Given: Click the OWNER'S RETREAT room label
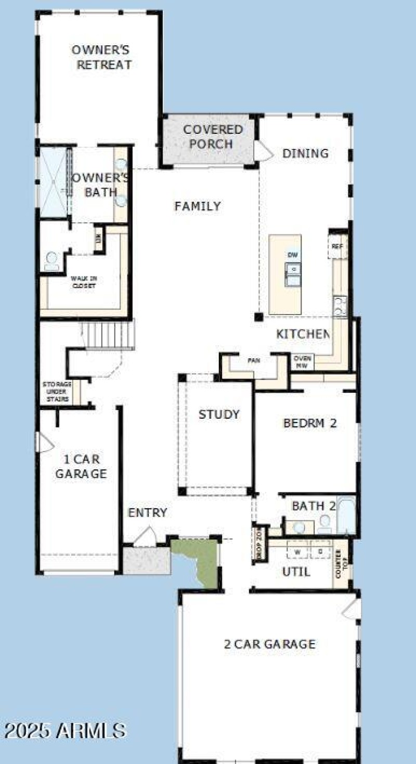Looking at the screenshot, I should click(x=101, y=57).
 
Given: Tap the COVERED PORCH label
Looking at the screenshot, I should click(x=213, y=136).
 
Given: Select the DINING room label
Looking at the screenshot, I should click(x=305, y=153).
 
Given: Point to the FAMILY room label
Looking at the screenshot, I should click(x=198, y=206).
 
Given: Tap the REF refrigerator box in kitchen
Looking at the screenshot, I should click(x=337, y=247).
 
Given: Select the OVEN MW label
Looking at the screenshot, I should click(x=302, y=362).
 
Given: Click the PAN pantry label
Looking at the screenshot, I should click(x=254, y=360).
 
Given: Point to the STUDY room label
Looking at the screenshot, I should click(x=219, y=415).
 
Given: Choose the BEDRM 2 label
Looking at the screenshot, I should click(x=310, y=423).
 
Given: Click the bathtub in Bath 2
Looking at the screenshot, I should click(x=346, y=516).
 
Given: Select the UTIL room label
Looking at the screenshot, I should click(x=296, y=572).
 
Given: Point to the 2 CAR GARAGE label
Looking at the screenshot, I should click(x=269, y=644).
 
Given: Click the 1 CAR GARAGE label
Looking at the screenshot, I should click(x=81, y=466).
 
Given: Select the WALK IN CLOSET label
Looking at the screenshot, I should click(x=84, y=282).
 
